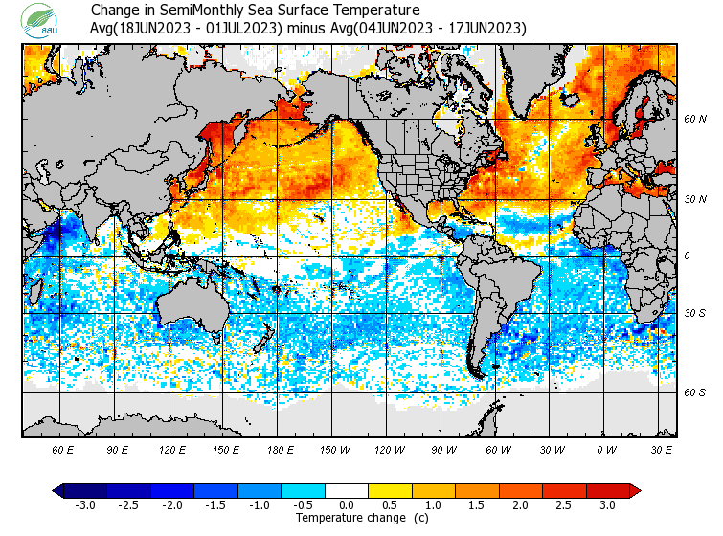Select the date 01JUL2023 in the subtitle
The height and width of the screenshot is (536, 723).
pos(245,28)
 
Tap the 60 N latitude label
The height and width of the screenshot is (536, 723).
pos(695,119)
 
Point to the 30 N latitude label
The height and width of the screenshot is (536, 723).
pos(695,198)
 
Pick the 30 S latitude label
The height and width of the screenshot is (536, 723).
pos(695,314)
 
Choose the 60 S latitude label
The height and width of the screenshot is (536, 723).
pos(695,392)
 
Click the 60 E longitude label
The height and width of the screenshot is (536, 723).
pos(62,449)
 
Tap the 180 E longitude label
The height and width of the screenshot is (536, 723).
pos(281,449)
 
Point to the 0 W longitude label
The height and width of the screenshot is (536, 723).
pos(607,449)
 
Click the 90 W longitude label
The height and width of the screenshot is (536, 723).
pos(443,449)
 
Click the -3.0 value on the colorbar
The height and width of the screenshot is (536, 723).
pos(85,505)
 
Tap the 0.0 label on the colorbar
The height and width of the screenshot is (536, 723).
pos(347,505)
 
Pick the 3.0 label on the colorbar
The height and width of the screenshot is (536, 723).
pos(607,505)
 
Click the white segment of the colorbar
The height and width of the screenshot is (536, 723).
pos(347,490)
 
